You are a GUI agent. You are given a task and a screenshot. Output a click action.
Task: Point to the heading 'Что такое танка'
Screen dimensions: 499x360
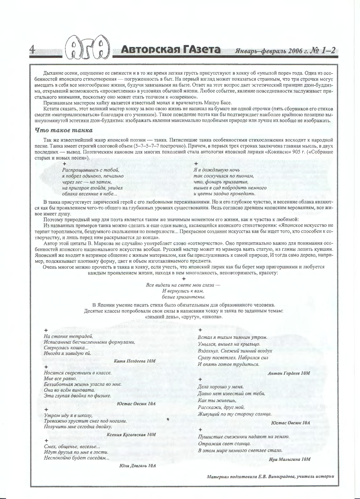64,130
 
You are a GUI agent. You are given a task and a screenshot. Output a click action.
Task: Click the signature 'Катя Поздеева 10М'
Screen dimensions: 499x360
135,361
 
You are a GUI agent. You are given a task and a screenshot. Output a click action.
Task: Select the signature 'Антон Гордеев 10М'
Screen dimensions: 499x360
289,373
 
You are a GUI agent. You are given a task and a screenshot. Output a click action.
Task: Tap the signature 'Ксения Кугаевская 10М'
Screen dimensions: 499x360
131,435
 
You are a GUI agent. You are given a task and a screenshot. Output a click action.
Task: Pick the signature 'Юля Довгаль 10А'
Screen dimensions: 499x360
137,466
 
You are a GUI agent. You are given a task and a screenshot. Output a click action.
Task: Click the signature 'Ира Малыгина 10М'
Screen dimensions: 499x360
289,459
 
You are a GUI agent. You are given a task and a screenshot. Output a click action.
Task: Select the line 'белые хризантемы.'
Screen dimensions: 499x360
183,297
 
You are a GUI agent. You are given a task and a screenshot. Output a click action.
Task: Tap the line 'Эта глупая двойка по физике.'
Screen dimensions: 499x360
77,396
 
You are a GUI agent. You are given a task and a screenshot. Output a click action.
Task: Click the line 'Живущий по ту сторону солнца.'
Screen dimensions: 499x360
234,414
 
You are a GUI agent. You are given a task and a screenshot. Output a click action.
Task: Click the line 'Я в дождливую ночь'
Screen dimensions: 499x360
216,170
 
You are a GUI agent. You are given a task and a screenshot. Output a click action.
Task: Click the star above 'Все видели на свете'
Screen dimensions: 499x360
184,278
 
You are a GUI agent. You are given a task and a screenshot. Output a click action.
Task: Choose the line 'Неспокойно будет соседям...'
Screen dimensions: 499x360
77,458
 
